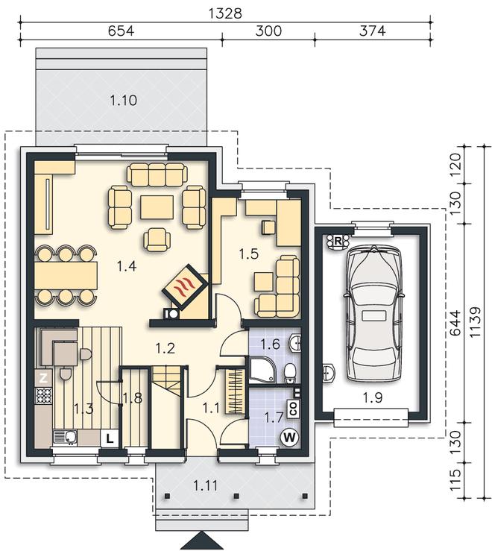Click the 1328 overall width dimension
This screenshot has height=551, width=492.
tap(225, 13)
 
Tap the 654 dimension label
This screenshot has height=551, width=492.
tap(121, 31)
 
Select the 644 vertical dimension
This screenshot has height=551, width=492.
tap(455, 323)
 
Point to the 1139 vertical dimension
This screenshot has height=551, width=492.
tap(475, 322)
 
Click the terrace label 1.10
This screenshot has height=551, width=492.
tap(123, 101)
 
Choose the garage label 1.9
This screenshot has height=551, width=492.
tap(373, 398)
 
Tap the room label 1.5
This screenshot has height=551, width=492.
tap(249, 254)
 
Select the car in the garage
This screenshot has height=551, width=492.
tap(373, 313)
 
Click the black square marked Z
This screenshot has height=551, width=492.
tap(43, 378)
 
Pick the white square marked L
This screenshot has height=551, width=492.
tap(110, 438)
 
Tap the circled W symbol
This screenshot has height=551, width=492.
tap(289, 438)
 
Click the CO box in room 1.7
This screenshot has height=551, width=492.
tap(294, 409)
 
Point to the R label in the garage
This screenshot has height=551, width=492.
tap(338, 242)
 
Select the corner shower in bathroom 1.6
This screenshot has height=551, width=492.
tap(262, 371)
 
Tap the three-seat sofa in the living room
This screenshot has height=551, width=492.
tap(157, 174)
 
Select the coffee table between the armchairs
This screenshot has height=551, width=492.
tap(157, 207)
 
